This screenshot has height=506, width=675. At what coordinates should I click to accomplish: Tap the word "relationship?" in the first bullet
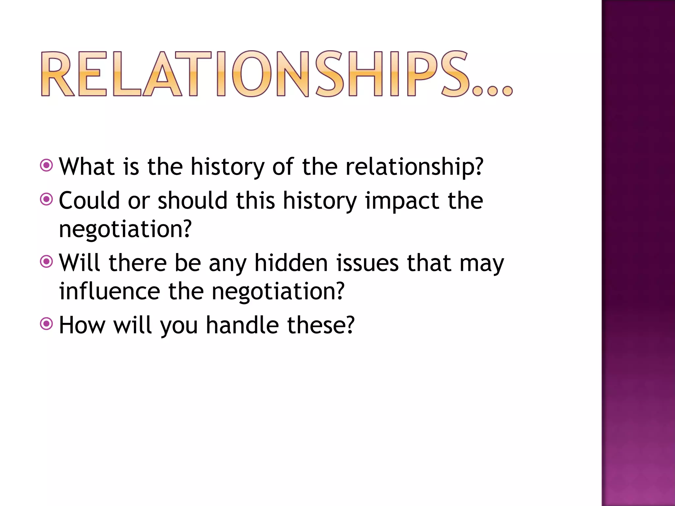pos(414,167)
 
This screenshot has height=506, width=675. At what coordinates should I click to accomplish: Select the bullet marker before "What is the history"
pos(46,165)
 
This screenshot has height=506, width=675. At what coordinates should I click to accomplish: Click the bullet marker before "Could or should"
pos(46,199)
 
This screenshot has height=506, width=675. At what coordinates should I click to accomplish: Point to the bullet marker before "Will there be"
pos(46,262)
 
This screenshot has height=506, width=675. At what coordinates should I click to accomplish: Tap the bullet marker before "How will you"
pos(46,323)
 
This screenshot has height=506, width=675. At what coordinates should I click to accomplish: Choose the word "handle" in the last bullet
pos(242,325)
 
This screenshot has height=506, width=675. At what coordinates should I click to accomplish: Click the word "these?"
pos(321,325)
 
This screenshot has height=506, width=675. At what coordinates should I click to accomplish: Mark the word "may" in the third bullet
pos(482,264)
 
